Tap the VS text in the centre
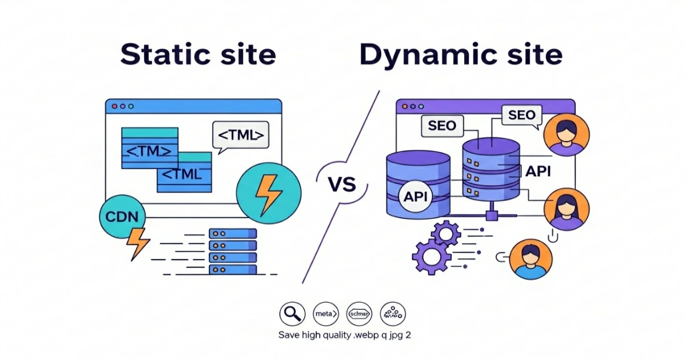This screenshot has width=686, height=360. (342, 185)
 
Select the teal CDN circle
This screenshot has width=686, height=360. (122, 218)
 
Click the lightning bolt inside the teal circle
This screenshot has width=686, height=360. (267, 191)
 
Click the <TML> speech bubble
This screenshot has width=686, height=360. (240, 136)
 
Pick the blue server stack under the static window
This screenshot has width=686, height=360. (233, 251)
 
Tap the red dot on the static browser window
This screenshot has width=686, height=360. (114, 106)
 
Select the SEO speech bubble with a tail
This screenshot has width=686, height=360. (521, 116)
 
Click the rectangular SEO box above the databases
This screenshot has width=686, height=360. (442, 126)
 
